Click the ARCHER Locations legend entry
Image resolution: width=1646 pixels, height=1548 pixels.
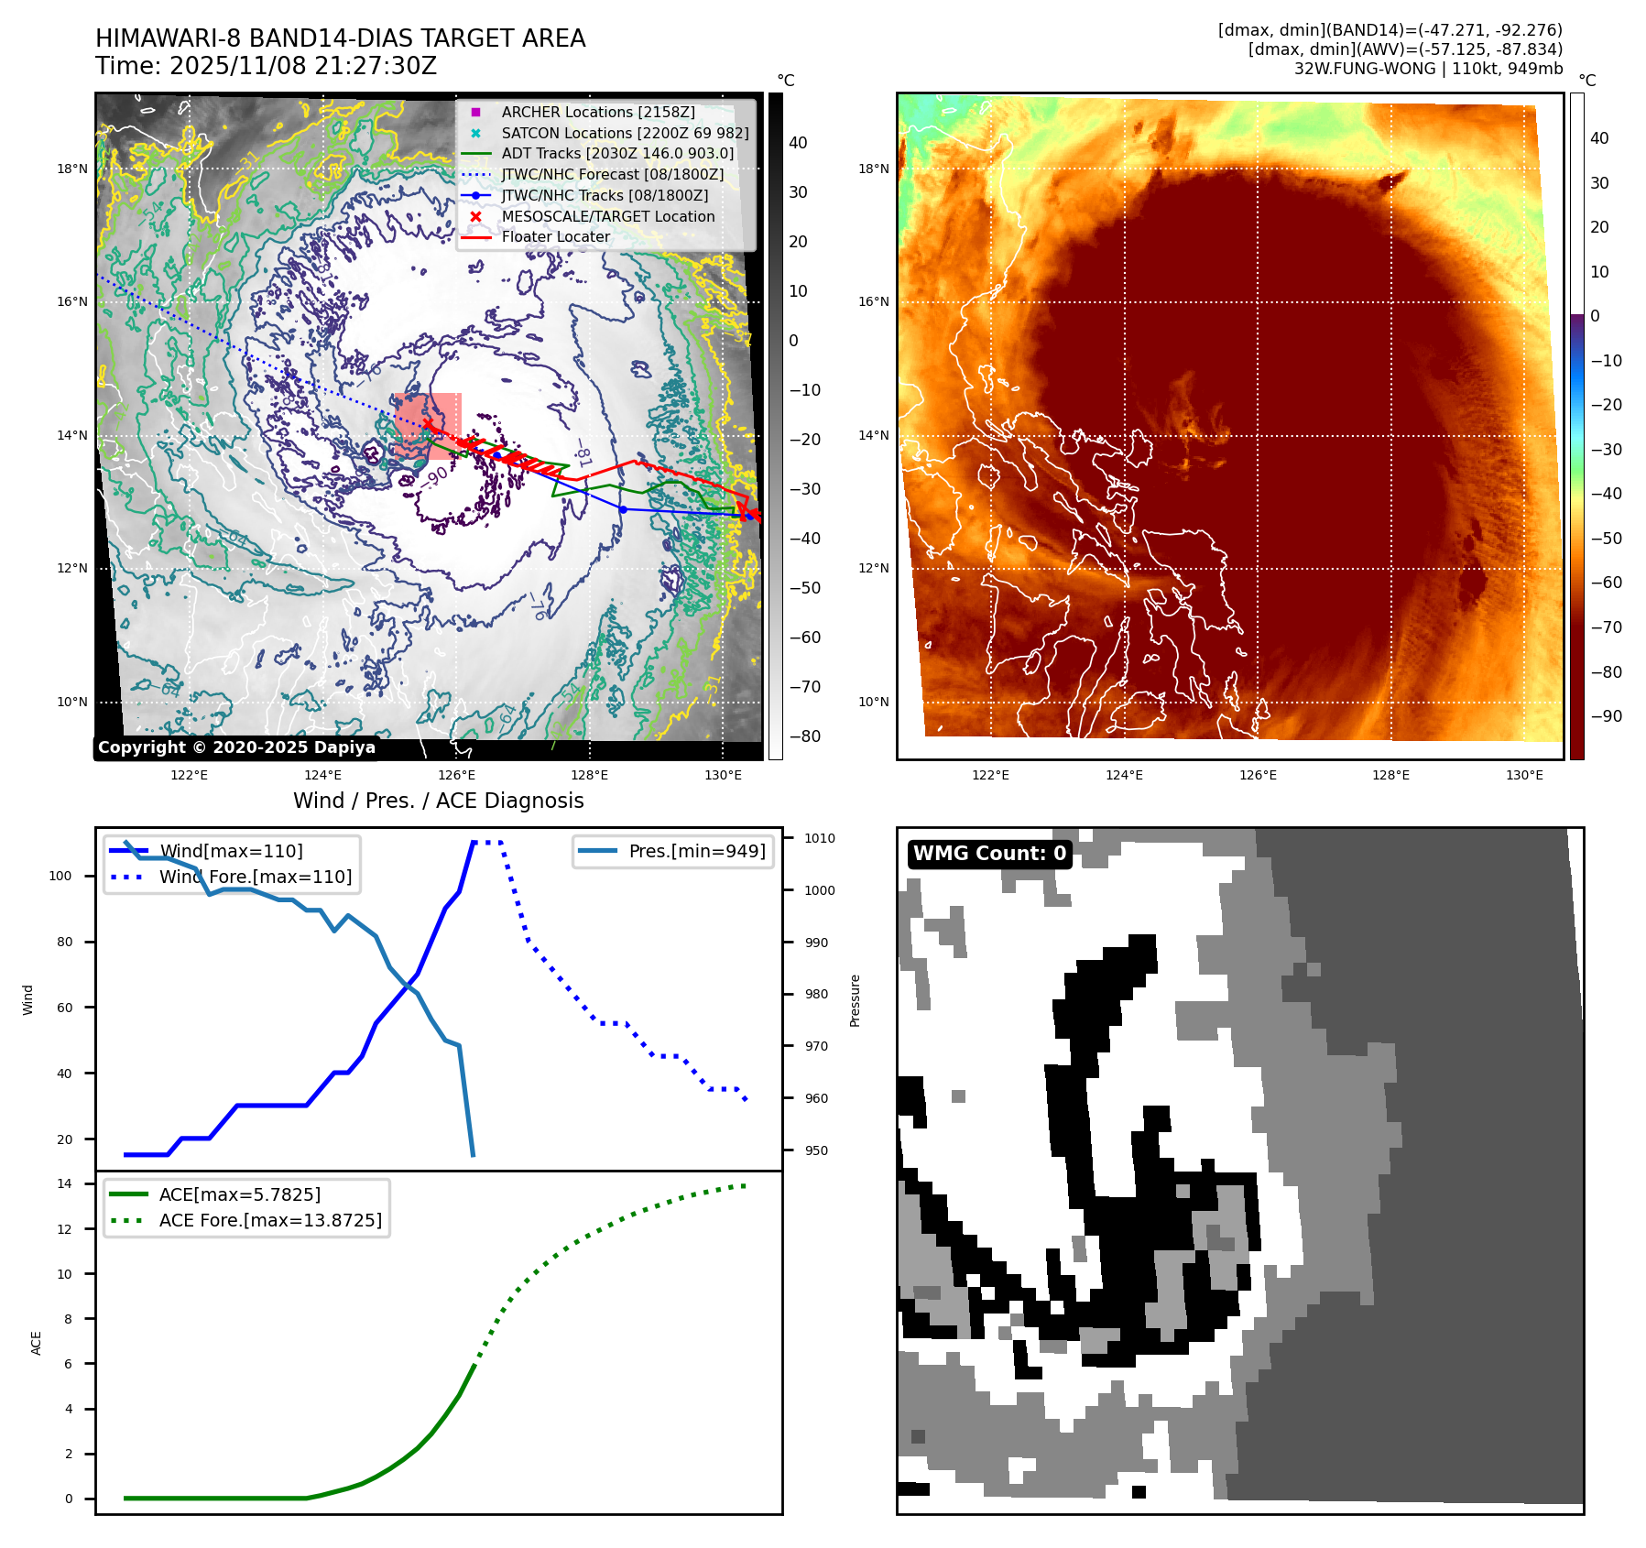click(x=597, y=112)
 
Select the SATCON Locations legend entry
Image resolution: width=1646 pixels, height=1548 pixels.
click(x=625, y=133)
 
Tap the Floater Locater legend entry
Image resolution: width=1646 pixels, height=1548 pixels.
click(x=555, y=236)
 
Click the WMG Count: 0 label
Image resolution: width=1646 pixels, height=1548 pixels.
click(x=989, y=854)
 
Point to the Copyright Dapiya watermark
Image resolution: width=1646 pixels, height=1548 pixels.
click(x=236, y=747)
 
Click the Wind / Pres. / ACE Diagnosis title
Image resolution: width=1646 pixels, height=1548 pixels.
click(x=438, y=801)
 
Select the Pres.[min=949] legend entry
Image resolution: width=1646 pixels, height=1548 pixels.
click(x=696, y=851)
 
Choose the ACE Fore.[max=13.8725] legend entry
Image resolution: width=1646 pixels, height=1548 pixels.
click(x=270, y=1220)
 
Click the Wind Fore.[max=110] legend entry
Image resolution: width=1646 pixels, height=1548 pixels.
click(x=255, y=877)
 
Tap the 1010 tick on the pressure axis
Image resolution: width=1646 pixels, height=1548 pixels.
click(x=819, y=838)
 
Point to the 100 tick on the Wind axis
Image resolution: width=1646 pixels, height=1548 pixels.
click(x=60, y=876)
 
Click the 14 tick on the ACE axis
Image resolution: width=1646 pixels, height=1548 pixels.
click(x=64, y=1183)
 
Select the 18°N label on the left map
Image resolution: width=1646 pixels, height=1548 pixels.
click(x=72, y=169)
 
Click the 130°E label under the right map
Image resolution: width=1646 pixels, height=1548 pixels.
click(x=1524, y=775)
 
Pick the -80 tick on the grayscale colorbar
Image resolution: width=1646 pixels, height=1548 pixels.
click(x=805, y=736)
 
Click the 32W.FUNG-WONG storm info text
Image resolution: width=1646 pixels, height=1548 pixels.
click(x=1428, y=69)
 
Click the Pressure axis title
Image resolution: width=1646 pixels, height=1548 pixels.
click(x=855, y=1000)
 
